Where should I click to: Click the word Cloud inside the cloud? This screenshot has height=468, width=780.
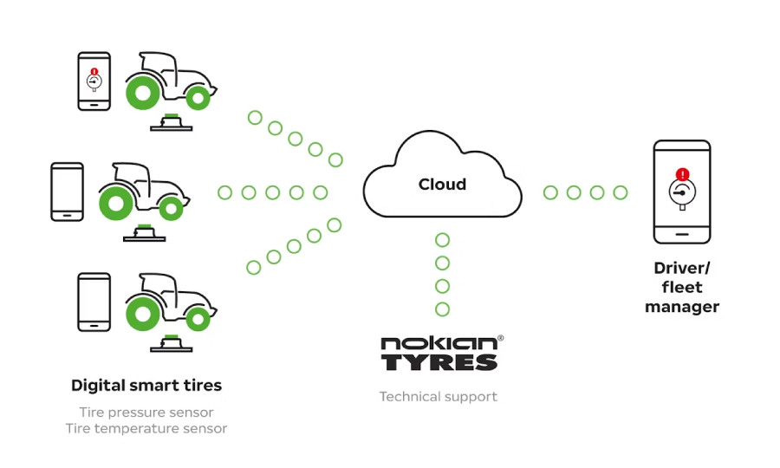[442, 185]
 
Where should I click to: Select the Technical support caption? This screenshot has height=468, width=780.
[438, 397]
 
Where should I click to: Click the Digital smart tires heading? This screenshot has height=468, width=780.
[146, 385]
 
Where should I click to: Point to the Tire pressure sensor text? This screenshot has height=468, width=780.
[146, 413]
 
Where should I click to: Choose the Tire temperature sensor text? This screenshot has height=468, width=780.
[146, 428]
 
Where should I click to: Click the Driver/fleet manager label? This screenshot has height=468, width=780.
[682, 287]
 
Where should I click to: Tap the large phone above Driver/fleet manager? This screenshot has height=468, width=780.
[682, 192]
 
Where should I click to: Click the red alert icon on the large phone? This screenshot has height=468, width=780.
[683, 174]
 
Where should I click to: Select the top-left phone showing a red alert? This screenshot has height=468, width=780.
[94, 81]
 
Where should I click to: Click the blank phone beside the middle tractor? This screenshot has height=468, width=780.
[68, 192]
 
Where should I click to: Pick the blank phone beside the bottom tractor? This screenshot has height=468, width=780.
[94, 302]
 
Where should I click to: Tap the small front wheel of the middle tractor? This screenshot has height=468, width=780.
[173, 208]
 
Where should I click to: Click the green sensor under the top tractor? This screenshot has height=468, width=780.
[172, 116]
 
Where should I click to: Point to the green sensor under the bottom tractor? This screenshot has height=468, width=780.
[172, 337]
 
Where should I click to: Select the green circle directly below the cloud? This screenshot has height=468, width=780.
[443, 240]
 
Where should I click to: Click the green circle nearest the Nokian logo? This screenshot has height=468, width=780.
[443, 309]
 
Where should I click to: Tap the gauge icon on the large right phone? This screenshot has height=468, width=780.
[682, 195]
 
